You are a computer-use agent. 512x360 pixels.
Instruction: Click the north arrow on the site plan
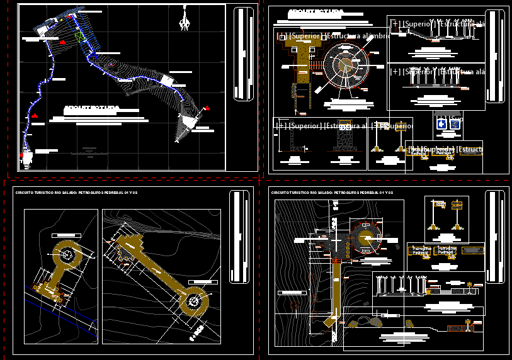pos(185,19)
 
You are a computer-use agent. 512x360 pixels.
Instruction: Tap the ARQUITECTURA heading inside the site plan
pos(91,108)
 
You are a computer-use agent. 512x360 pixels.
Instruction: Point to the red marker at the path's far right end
pos(207,109)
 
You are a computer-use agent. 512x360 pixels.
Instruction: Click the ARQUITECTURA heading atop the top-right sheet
pos(315,13)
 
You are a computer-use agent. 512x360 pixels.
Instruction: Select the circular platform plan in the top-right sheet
pos(344,65)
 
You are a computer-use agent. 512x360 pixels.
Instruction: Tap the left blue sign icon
pos(442,125)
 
